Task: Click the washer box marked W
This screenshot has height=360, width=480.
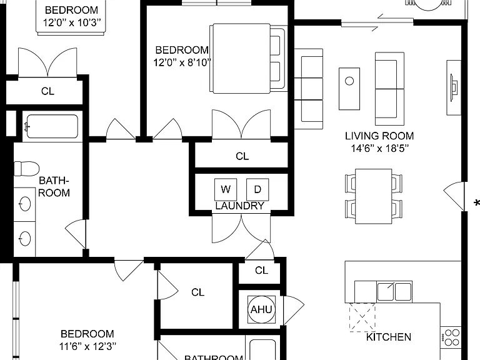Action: point(226,189)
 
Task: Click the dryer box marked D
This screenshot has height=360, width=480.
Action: point(257,189)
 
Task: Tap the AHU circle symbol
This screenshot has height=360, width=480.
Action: point(261,309)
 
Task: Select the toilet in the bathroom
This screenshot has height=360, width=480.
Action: point(27,169)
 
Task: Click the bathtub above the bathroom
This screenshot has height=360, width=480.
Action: point(52,126)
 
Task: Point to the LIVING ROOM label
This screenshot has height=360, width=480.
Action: point(379,136)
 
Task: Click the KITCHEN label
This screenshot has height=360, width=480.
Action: point(389,337)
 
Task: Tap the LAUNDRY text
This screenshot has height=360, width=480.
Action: point(240,206)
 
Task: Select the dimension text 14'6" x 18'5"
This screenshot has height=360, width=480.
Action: point(379,149)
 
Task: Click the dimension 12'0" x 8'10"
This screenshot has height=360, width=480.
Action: point(182,62)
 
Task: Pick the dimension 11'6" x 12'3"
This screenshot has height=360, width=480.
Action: point(88,346)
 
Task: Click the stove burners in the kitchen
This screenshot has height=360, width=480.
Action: point(452,337)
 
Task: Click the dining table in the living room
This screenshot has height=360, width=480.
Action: point(374,196)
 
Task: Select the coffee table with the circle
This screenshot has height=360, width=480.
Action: point(349,89)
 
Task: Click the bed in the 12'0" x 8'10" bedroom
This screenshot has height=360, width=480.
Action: point(248,58)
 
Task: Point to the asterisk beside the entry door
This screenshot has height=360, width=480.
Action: point(476,203)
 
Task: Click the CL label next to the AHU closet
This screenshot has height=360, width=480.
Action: point(261,270)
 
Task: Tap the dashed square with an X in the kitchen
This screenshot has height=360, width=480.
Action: point(362,317)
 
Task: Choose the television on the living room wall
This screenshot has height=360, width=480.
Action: point(454,87)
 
